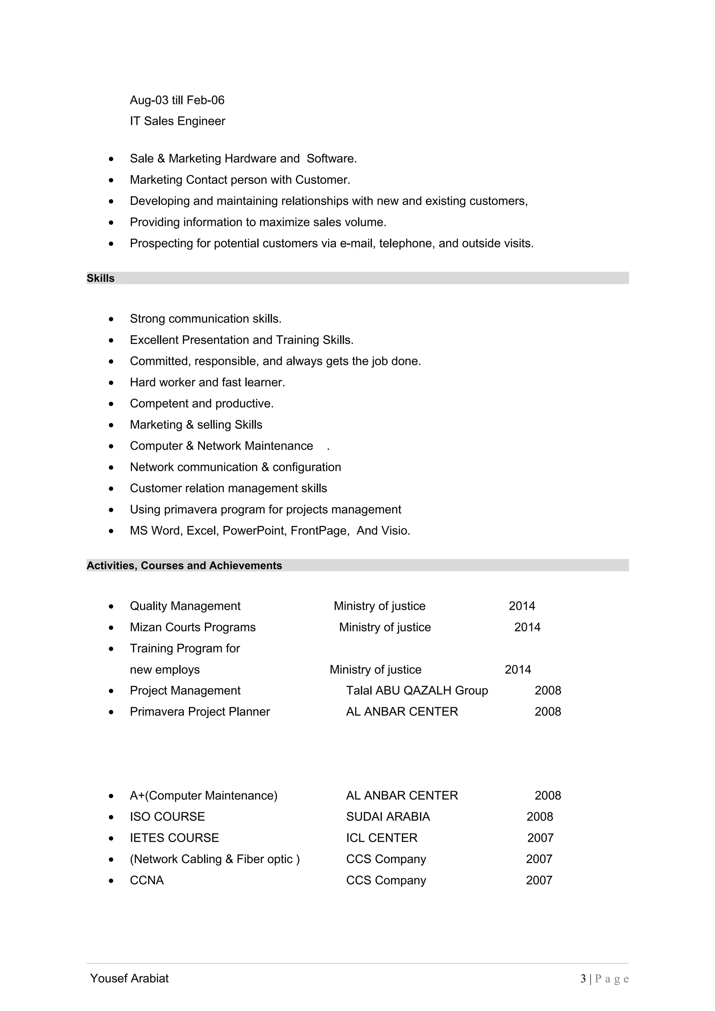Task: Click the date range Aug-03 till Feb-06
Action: tap(177, 100)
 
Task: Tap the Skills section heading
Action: tap(101, 278)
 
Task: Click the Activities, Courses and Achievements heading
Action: tap(184, 566)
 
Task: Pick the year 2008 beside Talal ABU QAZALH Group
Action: tap(547, 690)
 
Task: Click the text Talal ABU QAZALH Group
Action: tap(417, 690)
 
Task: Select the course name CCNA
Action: tap(147, 880)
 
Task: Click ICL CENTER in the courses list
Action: tap(382, 838)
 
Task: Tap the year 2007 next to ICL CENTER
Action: tap(540, 838)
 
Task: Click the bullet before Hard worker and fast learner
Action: tap(111, 383)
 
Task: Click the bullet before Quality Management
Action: tap(111, 606)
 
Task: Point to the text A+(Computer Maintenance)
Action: tap(204, 796)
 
